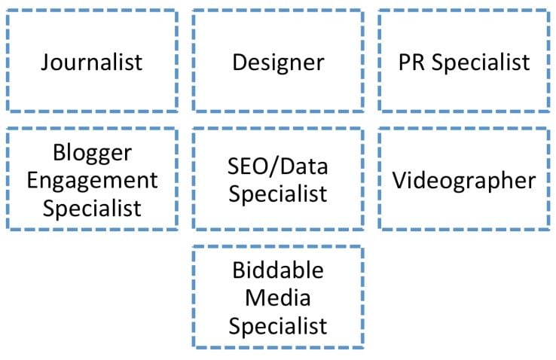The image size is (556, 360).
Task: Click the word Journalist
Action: pyautogui.click(x=91, y=63)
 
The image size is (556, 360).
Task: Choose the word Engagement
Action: pyautogui.click(x=92, y=182)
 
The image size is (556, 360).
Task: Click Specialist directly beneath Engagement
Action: pyautogui.click(x=92, y=209)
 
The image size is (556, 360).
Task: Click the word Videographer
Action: pyautogui.click(x=464, y=182)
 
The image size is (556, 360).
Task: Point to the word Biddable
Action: pyautogui.click(x=278, y=270)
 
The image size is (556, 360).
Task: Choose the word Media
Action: pyautogui.click(x=278, y=297)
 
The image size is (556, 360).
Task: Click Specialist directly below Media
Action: pyautogui.click(x=278, y=327)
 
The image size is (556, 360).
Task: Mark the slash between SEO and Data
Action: pyautogui.click(x=274, y=166)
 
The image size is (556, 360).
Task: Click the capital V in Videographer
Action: pyautogui.click(x=400, y=181)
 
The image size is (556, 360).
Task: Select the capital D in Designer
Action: pyautogui.click(x=240, y=63)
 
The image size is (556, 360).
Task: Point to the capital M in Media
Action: pyautogui.click(x=255, y=298)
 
